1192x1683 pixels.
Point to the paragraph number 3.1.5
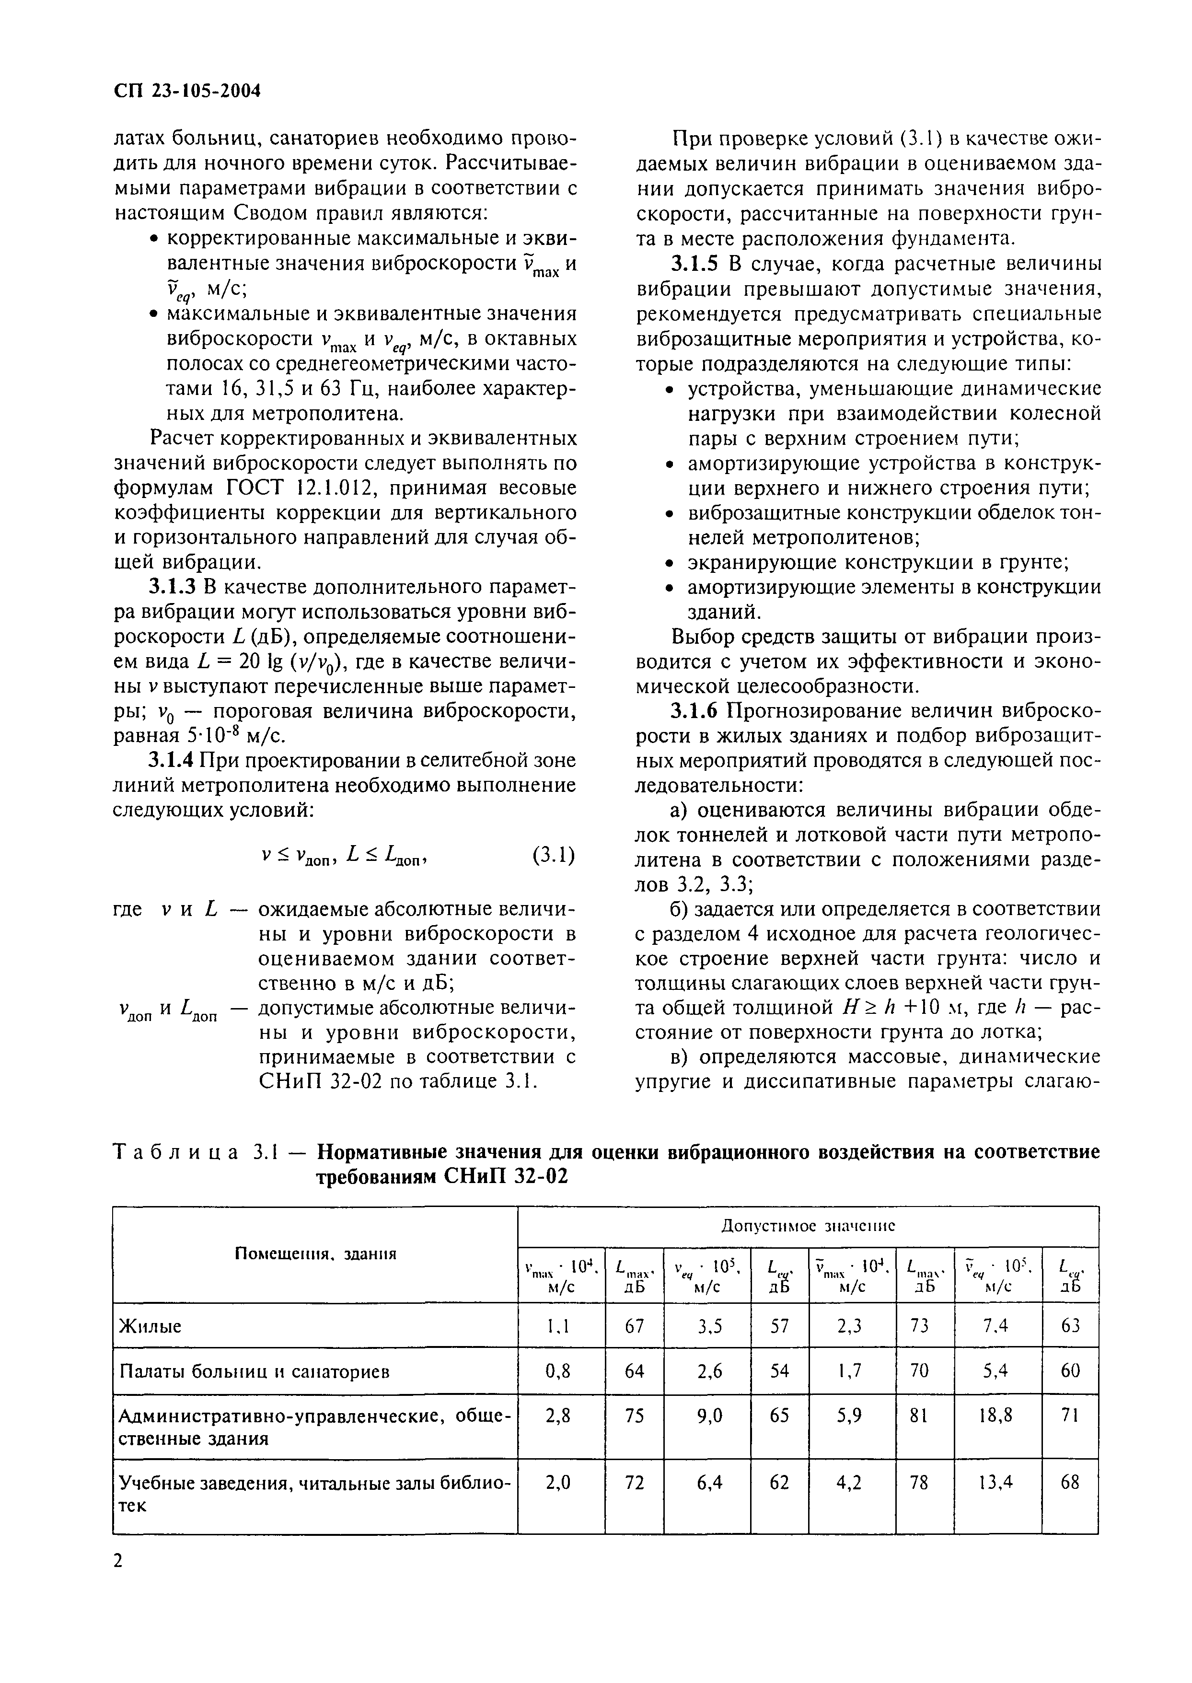[x=697, y=264]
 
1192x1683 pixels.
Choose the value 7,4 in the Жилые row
[x=997, y=1326]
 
